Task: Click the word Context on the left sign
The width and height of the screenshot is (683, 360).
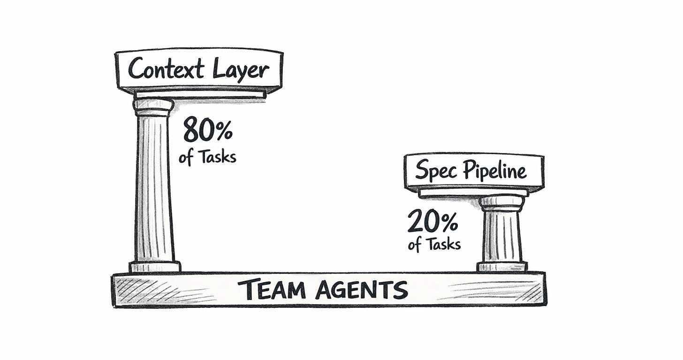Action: (x=167, y=69)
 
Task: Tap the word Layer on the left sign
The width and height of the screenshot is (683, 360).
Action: (x=241, y=70)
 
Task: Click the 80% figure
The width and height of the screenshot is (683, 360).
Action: (x=207, y=130)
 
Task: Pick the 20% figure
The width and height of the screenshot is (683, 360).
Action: (x=432, y=221)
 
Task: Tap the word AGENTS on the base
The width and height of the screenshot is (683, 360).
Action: (x=361, y=290)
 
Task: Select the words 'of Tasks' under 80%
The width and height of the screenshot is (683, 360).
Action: (x=207, y=156)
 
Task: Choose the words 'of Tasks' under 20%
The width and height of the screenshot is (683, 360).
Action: (x=434, y=245)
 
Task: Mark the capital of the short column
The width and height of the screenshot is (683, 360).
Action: (x=501, y=203)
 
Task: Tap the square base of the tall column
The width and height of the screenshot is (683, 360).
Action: (x=155, y=267)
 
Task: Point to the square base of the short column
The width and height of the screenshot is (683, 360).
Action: (x=502, y=267)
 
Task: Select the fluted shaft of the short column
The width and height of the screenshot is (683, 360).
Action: (x=501, y=235)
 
